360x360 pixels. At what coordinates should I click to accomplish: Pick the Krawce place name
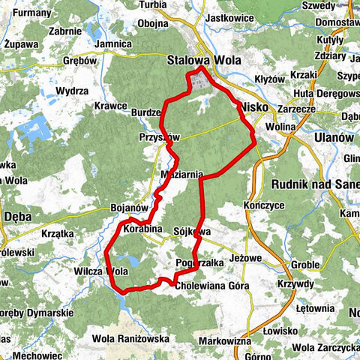pyautogui.click(x=111, y=106)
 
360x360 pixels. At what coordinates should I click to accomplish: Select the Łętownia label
pyautogui.click(x=313, y=307)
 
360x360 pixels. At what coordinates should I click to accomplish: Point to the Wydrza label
pyautogui.click(x=72, y=90)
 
